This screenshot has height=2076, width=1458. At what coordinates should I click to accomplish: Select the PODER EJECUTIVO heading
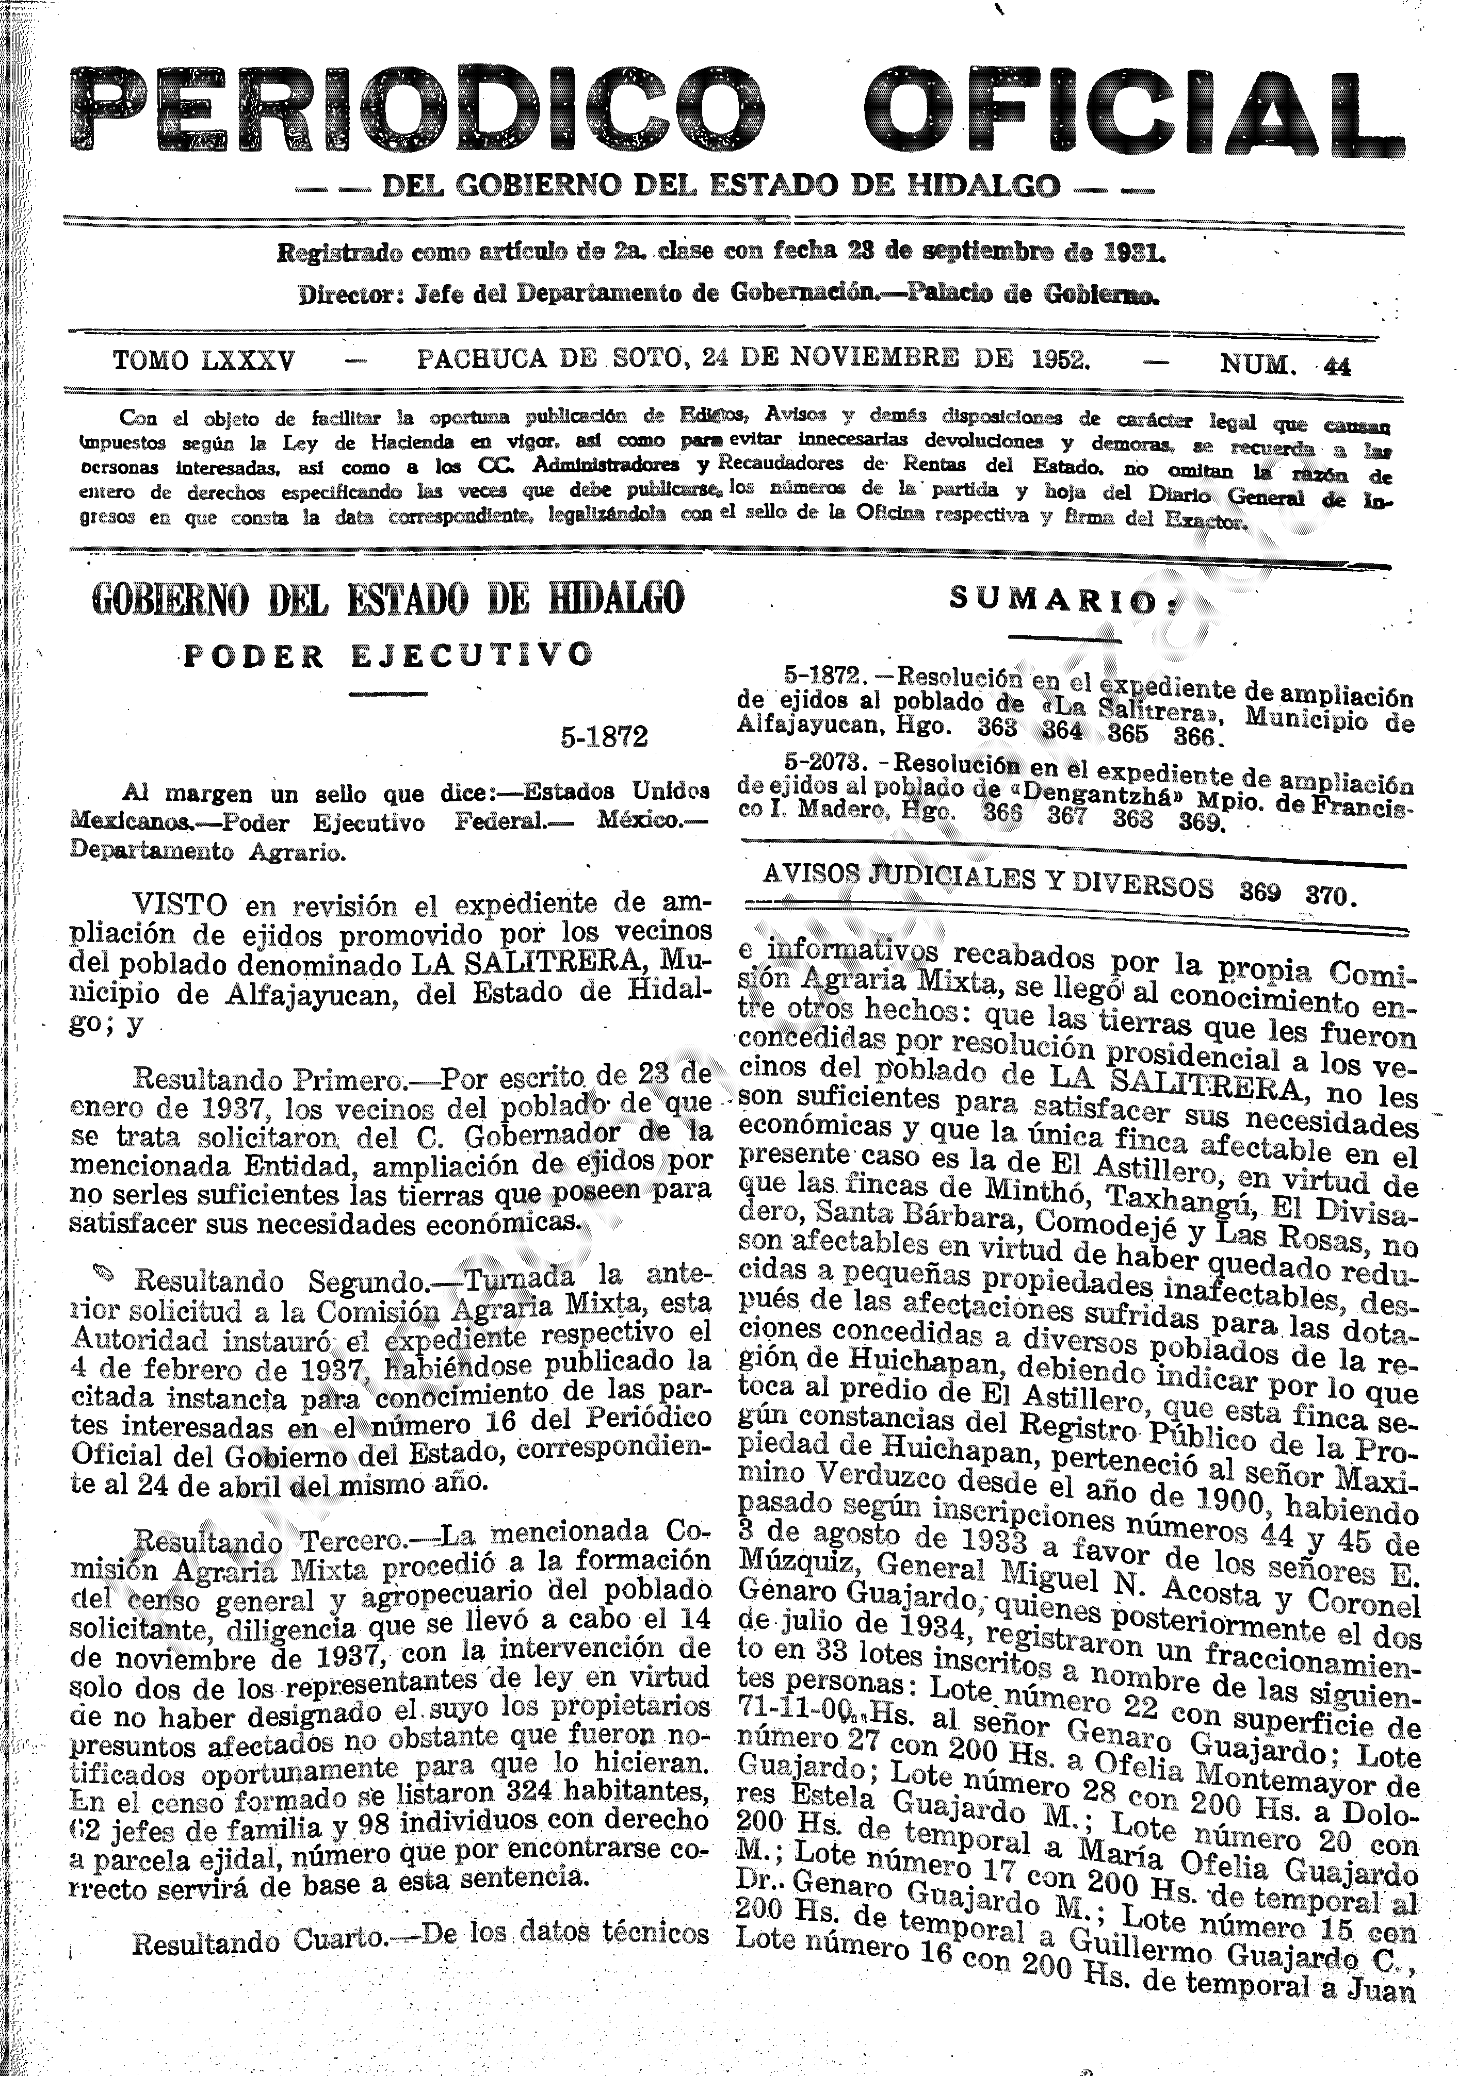[389, 655]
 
